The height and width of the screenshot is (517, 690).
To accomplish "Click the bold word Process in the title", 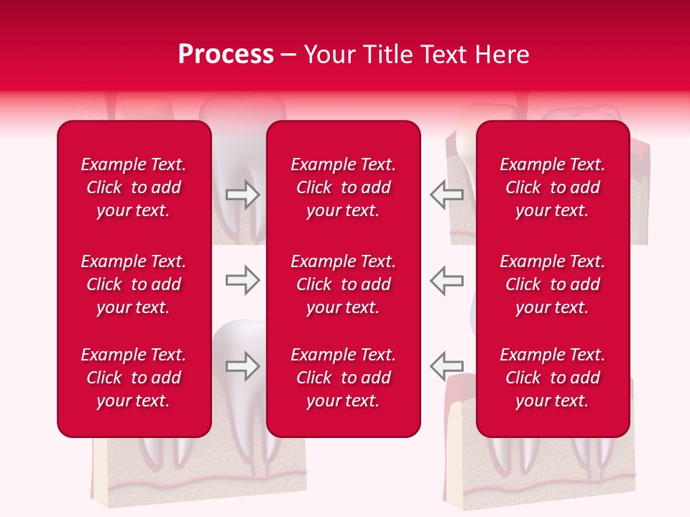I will (226, 55).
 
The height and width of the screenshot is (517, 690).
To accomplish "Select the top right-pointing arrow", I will (242, 194).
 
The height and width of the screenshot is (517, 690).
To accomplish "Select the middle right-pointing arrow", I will (242, 280).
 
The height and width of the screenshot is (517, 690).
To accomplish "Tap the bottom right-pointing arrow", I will (242, 366).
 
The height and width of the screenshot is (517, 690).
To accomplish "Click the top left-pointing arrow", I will (447, 194).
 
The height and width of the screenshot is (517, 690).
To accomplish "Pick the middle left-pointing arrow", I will (447, 280).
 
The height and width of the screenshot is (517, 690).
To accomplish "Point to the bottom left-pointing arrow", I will (447, 366).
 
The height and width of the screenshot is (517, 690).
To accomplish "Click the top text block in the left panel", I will (134, 187).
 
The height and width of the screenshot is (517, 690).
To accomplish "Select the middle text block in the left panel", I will (134, 284).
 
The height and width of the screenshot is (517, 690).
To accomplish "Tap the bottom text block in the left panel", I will (134, 378).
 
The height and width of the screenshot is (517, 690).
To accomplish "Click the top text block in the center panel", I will (343, 187).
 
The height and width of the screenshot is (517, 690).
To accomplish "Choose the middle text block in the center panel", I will (343, 284).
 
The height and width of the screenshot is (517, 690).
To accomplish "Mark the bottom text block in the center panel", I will (343, 378).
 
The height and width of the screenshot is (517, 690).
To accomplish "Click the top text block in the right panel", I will (552, 187).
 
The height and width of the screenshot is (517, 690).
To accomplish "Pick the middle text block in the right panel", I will (552, 284).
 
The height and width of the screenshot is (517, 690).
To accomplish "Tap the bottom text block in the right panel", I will (552, 378).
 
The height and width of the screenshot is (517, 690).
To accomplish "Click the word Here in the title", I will (502, 55).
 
